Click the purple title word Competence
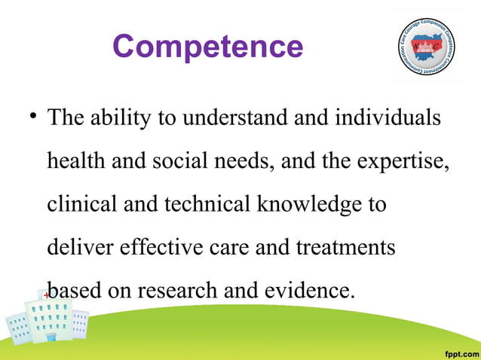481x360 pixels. (x=207, y=47)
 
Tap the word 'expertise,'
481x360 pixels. (x=407, y=162)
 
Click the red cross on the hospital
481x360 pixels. (x=46, y=296)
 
